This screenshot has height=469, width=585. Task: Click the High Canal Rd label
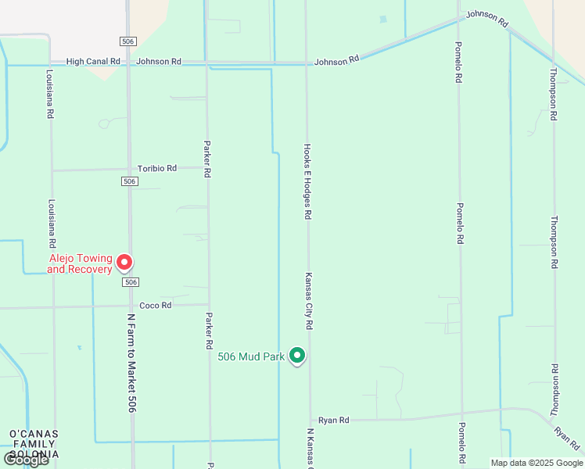tap(93, 61)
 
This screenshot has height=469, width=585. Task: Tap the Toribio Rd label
tap(157, 168)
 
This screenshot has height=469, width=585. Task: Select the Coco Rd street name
tap(155, 306)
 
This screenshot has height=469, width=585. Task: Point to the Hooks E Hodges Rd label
tap(308, 181)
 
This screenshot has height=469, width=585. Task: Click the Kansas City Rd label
tap(309, 301)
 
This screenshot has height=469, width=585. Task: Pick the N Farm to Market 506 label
tap(131, 363)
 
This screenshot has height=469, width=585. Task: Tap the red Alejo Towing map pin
tap(124, 263)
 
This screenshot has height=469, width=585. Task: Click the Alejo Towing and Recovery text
tap(80, 264)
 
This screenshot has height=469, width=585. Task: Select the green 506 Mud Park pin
tap(297, 356)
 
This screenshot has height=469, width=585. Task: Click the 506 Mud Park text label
tap(251, 357)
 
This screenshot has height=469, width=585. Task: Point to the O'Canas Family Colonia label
tap(34, 444)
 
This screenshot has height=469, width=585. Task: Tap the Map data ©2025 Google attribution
tap(537, 463)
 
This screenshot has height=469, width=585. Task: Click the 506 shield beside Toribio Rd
tap(130, 181)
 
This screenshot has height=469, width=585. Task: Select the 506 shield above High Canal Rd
tap(128, 41)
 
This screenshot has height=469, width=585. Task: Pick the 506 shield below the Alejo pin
tap(131, 282)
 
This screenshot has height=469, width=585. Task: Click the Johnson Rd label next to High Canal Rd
tap(159, 61)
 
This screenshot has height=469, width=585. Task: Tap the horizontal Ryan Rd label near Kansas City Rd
tap(333, 420)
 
